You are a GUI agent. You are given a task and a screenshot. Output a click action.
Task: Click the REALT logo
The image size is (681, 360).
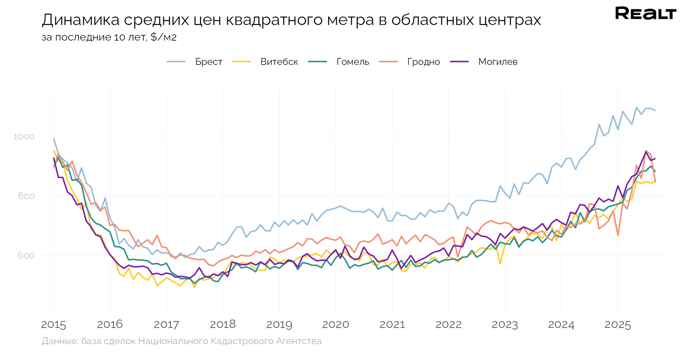click(645, 14)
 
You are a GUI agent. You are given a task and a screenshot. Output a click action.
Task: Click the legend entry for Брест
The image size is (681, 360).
click(208, 62)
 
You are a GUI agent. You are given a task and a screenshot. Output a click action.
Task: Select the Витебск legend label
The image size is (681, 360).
click(279, 62)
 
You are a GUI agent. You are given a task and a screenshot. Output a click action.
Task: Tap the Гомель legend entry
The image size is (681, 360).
click(352, 62)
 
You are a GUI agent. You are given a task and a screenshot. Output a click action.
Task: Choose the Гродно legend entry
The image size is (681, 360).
click(423, 62)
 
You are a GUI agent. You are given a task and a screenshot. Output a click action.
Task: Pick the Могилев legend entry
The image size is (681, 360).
click(498, 62)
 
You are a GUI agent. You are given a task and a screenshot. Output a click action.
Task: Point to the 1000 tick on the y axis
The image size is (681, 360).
click(24, 136)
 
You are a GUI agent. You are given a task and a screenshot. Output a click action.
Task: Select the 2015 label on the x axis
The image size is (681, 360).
click(54, 324)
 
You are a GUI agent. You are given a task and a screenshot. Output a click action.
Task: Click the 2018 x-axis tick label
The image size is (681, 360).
click(223, 324)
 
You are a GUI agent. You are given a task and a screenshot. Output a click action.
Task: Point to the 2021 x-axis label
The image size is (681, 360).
click(392, 324)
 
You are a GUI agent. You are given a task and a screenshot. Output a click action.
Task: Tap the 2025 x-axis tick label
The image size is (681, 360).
click(617, 324)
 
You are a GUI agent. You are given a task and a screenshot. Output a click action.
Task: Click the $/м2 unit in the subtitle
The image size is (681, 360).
click(163, 37)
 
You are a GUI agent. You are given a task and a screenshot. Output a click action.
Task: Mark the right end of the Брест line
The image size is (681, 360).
click(655, 111)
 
